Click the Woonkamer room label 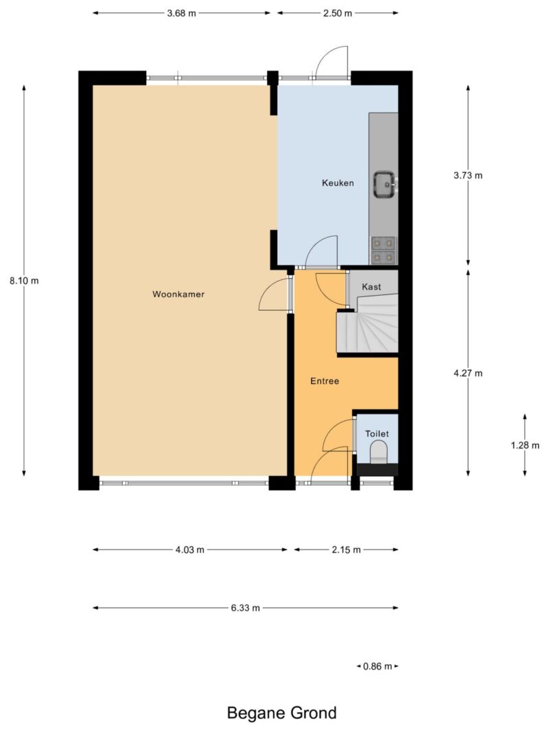point(178,294)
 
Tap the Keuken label point(338,183)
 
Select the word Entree point(325,381)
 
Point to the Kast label point(371,287)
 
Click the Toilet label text point(377,434)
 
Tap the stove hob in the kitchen point(384,250)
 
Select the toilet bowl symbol point(379,453)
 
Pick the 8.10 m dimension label point(24,281)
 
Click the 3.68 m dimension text point(182,13)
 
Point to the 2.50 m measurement point(338,13)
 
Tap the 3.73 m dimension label point(468,176)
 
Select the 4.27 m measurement point(468,373)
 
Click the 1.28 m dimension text point(525,445)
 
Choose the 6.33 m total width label point(245,608)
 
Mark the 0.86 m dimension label point(377,666)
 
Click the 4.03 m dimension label point(189,550)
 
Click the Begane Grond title point(281,713)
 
